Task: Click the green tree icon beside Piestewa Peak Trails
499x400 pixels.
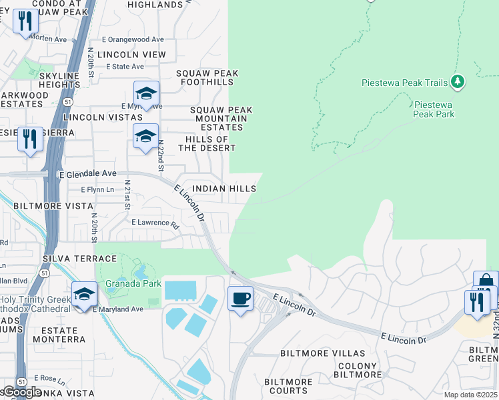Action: (x=457, y=82)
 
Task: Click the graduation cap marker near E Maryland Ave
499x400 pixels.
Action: (x=85, y=294)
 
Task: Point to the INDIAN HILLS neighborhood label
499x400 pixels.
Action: (x=223, y=189)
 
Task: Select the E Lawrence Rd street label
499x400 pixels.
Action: (x=155, y=223)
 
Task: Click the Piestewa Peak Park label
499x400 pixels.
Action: (x=434, y=109)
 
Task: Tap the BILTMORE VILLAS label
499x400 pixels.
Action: (x=323, y=353)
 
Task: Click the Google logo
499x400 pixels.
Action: (x=22, y=392)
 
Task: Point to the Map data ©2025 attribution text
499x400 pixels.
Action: (x=470, y=395)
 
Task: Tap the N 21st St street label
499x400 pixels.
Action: (x=127, y=194)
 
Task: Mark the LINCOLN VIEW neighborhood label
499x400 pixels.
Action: (x=131, y=55)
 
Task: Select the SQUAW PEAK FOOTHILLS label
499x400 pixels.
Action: (x=207, y=77)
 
